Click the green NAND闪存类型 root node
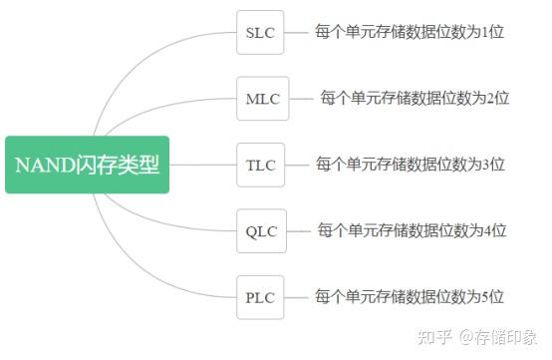click(x=88, y=165)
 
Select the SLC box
click(x=260, y=32)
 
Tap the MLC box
click(x=263, y=99)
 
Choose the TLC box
click(x=261, y=165)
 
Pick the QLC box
click(x=260, y=230)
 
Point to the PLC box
click(x=260, y=296)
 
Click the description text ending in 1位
click(x=410, y=32)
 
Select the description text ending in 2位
click(x=414, y=98)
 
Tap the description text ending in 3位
click(x=410, y=164)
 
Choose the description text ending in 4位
click(x=412, y=230)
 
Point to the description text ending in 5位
click(x=410, y=296)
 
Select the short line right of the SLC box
click(x=296, y=32)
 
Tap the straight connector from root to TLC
click(x=204, y=165)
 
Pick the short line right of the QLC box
click(x=296, y=230)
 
